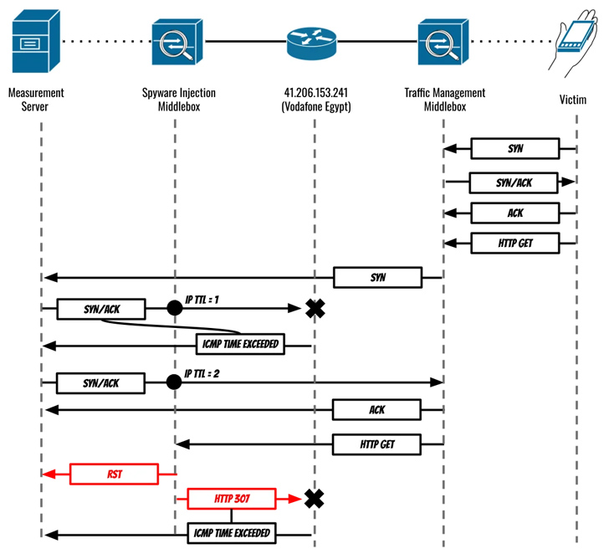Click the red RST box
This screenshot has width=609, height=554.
tap(113, 474)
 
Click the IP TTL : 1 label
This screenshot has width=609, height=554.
tap(202, 297)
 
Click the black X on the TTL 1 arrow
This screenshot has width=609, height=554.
tap(315, 309)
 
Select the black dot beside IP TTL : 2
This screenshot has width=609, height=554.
tap(174, 382)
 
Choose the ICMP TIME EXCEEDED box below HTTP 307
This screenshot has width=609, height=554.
tap(232, 532)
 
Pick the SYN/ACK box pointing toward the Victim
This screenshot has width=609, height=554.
tap(514, 182)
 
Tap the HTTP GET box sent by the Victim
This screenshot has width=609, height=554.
tap(514, 244)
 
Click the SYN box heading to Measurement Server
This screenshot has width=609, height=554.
tap(376, 276)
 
